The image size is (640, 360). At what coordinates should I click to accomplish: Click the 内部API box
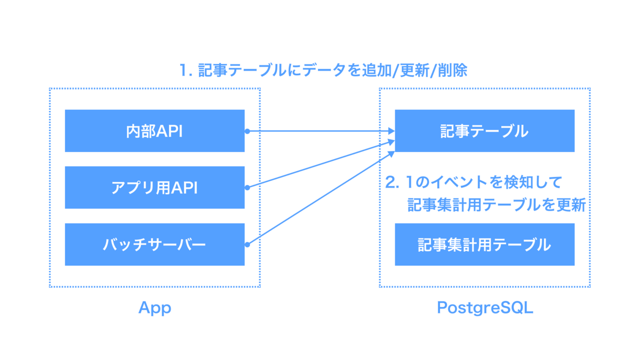click(x=155, y=131)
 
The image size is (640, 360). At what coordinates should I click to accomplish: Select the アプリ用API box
click(x=155, y=187)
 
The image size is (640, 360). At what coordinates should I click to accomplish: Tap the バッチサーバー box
click(x=155, y=245)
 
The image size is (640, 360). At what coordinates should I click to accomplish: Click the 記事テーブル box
click(x=485, y=131)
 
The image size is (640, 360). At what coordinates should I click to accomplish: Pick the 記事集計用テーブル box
click(x=485, y=245)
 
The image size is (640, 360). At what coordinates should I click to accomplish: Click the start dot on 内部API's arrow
click(x=247, y=131)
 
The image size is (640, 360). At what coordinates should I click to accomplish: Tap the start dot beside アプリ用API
click(x=247, y=187)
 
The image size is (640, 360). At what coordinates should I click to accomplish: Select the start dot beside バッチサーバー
click(x=247, y=245)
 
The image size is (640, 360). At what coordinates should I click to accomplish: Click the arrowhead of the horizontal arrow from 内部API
click(x=391, y=131)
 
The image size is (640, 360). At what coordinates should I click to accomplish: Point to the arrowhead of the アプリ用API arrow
click(x=391, y=142)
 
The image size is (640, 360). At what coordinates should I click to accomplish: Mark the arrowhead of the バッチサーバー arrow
click(x=391, y=155)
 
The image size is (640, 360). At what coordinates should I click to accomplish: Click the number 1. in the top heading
click(x=186, y=70)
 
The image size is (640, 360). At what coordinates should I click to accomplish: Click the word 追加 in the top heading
click(x=377, y=70)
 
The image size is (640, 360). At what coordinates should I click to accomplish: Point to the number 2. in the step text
click(x=392, y=182)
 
